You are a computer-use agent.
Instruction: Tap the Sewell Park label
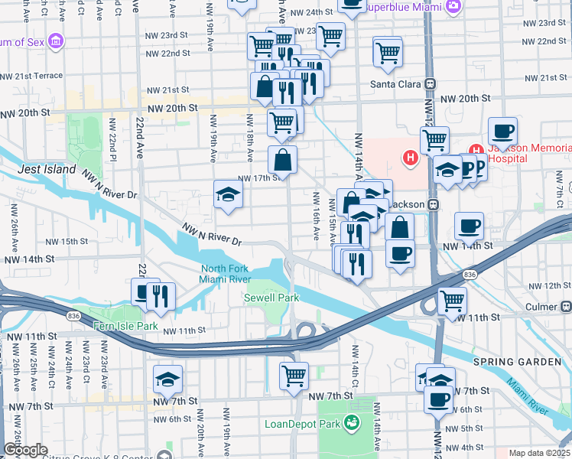(x=266, y=297)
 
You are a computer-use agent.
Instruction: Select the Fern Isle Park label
(x=125, y=326)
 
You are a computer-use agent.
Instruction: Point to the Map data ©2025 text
(x=539, y=453)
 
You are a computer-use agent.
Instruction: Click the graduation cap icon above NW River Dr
(x=227, y=196)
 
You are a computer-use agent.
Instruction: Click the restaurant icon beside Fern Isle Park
(x=161, y=296)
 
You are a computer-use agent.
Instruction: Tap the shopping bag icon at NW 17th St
(x=282, y=160)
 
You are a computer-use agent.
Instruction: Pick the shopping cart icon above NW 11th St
(x=452, y=301)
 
